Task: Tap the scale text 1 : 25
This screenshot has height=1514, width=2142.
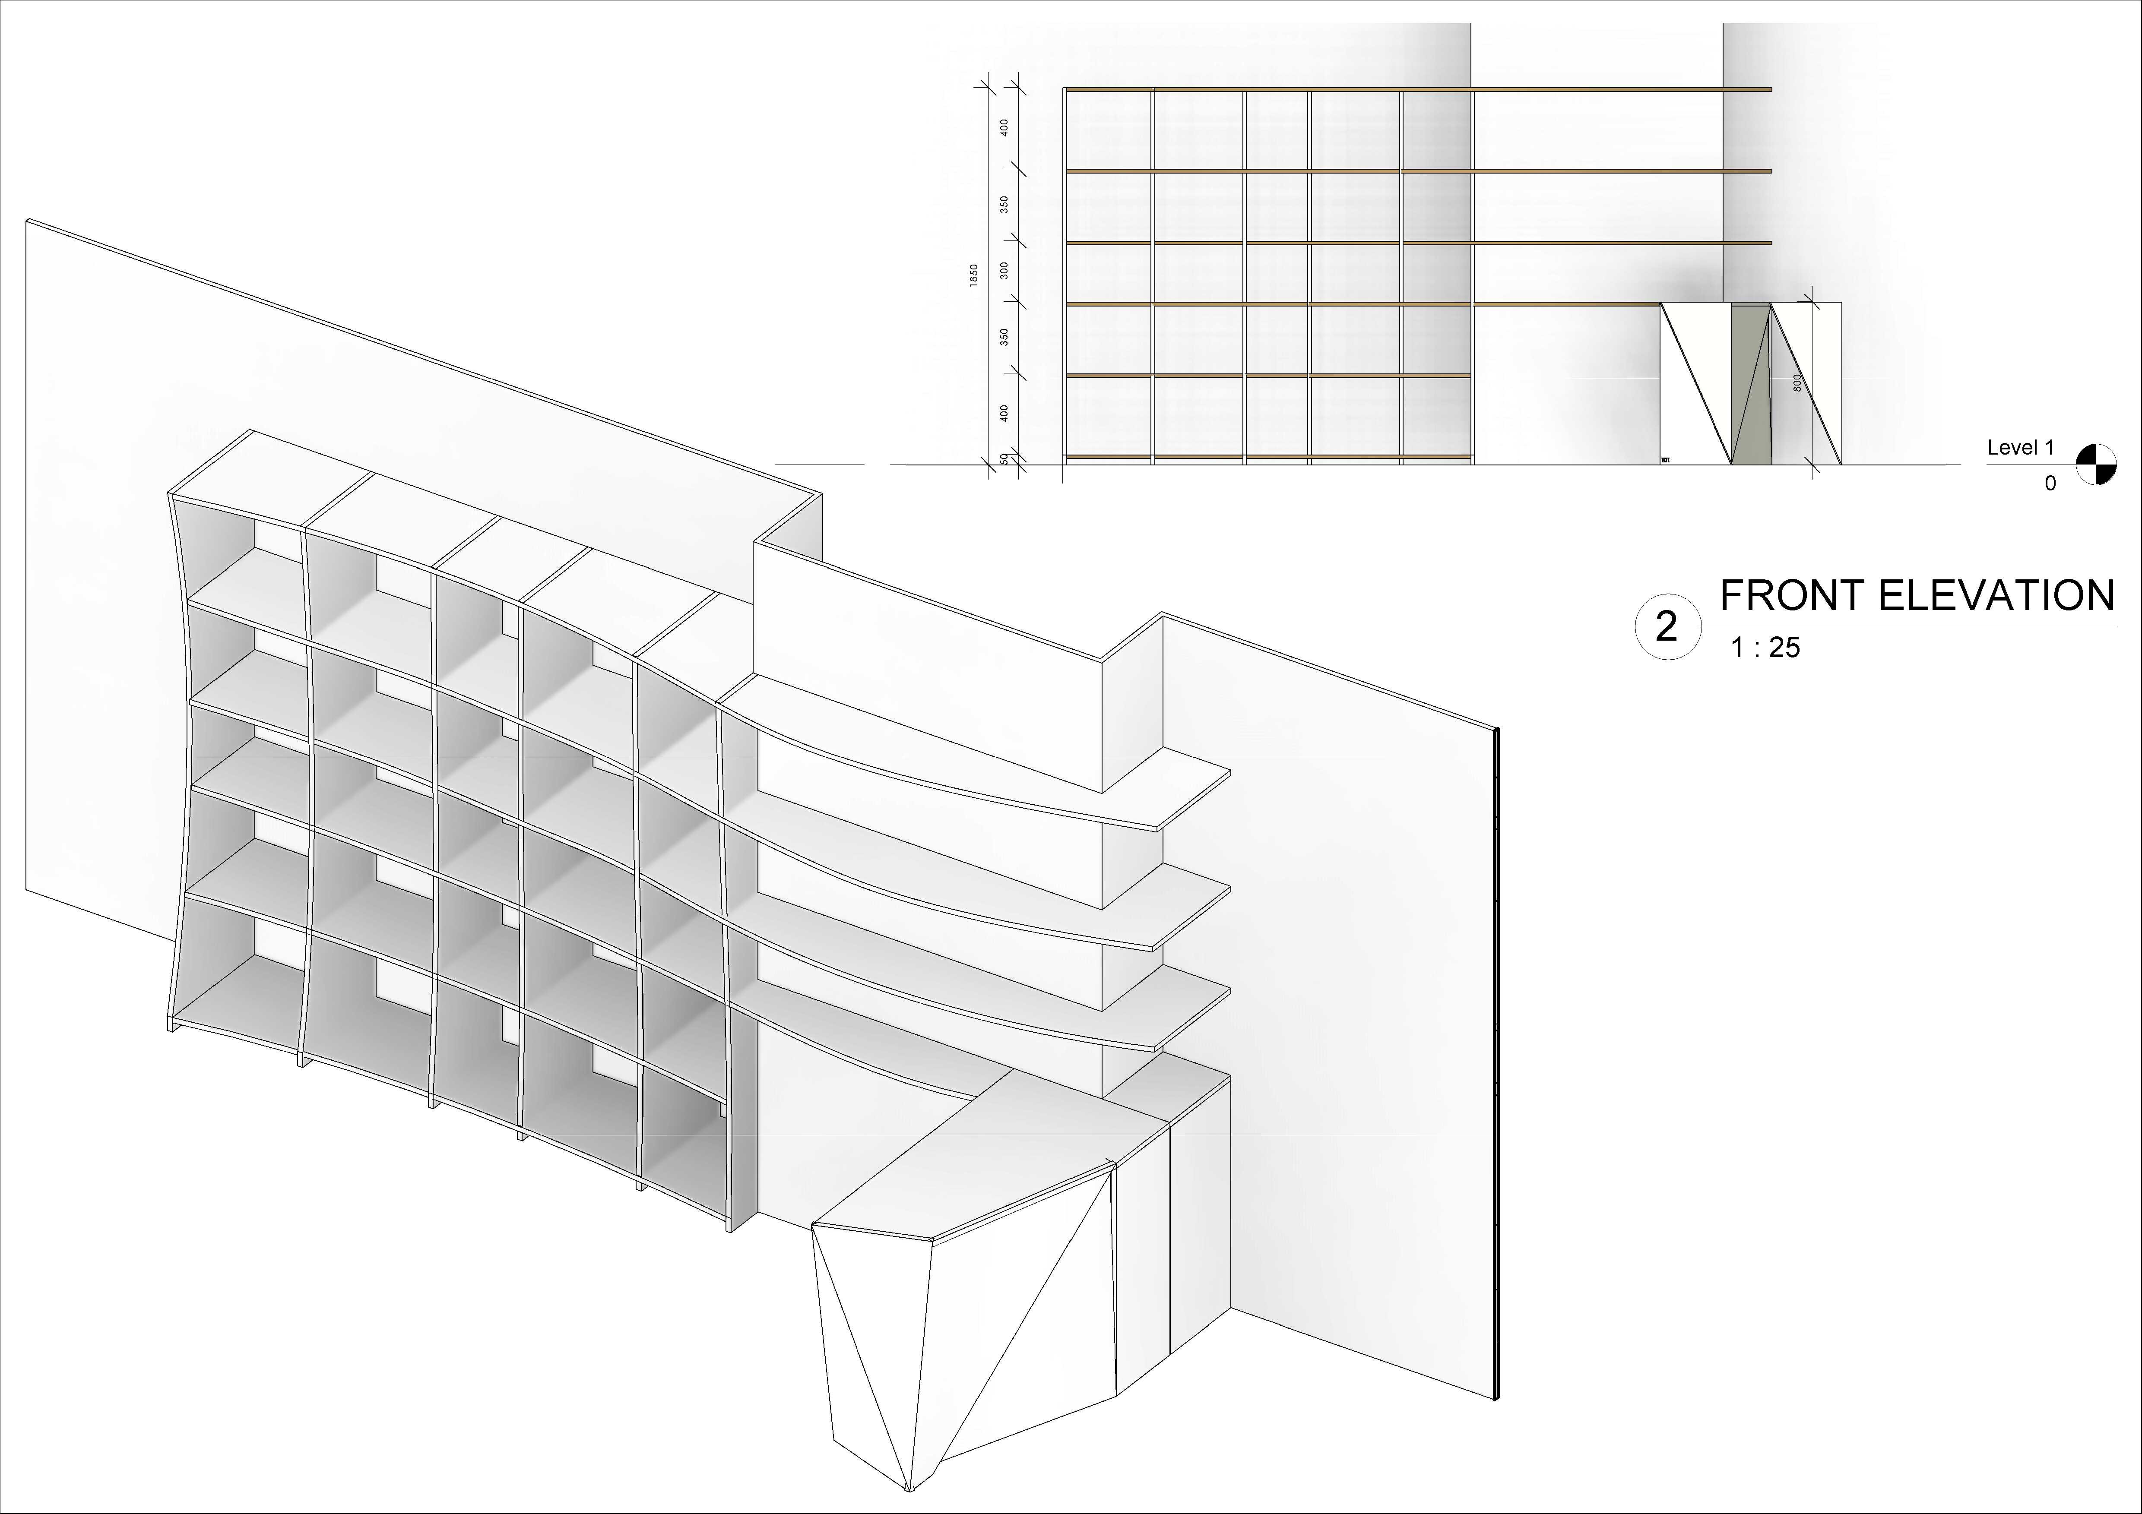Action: coord(1765,648)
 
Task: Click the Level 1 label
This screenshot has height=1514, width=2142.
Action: coord(2021,448)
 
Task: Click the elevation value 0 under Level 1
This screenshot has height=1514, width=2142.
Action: coord(2050,483)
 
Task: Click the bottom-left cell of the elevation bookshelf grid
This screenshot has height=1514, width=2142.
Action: coord(1108,415)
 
